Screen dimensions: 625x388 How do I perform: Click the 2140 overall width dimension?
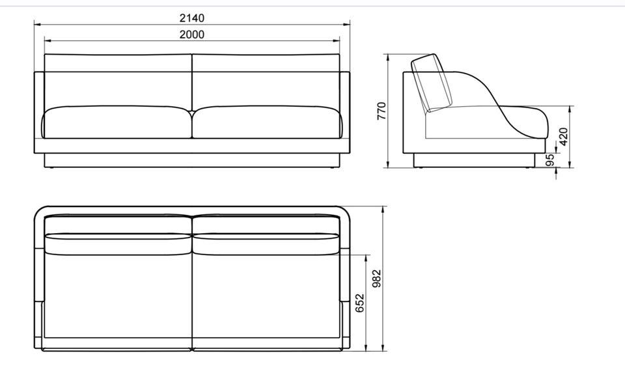(x=191, y=18)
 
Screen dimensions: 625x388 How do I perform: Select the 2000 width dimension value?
(x=191, y=35)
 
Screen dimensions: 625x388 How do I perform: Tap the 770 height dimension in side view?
(x=382, y=111)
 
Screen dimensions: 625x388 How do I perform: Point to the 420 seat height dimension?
(x=563, y=136)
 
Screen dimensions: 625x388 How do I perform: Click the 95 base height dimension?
(x=551, y=160)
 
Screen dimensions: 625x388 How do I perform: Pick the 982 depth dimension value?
(x=377, y=279)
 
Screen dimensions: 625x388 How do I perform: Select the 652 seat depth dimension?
(x=360, y=303)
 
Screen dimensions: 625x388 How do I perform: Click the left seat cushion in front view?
(x=117, y=122)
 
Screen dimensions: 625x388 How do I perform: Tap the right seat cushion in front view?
(x=268, y=122)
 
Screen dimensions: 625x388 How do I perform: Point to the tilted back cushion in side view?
(x=432, y=83)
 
